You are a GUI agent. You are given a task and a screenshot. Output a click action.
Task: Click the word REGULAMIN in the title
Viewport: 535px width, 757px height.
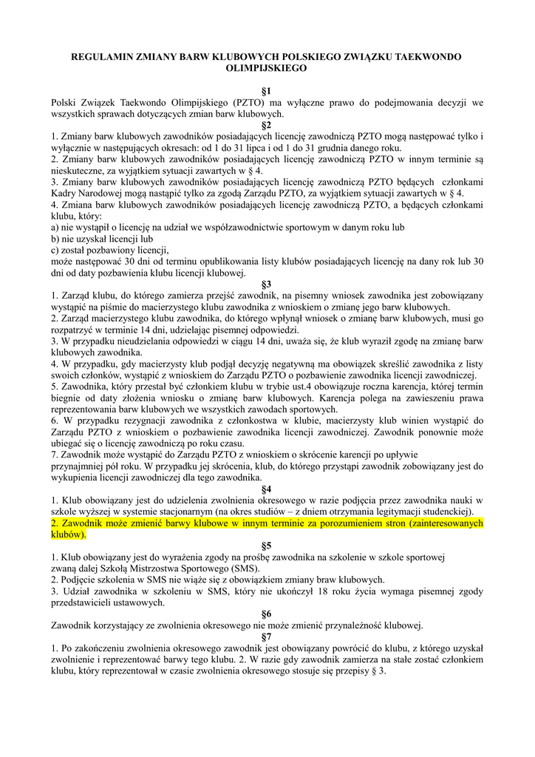point(98,56)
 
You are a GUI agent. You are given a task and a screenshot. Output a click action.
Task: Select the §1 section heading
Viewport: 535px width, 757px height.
point(267,90)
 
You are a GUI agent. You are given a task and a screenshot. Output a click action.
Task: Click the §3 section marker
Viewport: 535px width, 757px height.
point(267,283)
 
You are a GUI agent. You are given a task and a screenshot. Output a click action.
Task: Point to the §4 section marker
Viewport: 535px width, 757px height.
point(267,489)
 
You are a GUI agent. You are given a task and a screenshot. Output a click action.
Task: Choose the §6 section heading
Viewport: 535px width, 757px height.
point(267,614)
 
